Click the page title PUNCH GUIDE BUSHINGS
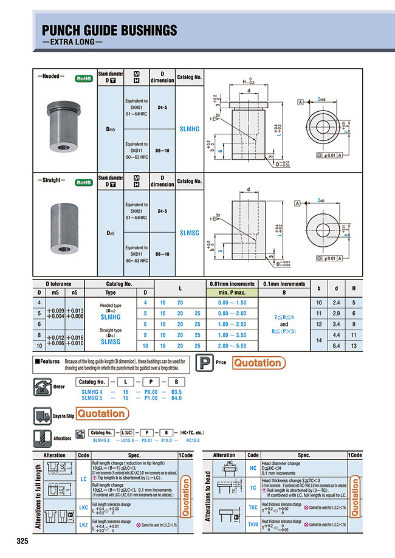[x=109, y=30]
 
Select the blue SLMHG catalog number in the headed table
[x=190, y=129]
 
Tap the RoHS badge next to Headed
[x=83, y=78]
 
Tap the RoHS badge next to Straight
[x=83, y=182]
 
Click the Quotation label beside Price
[x=258, y=363]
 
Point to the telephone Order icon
[x=42, y=386]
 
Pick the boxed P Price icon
[x=205, y=363]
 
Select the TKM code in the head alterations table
[x=253, y=525]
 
